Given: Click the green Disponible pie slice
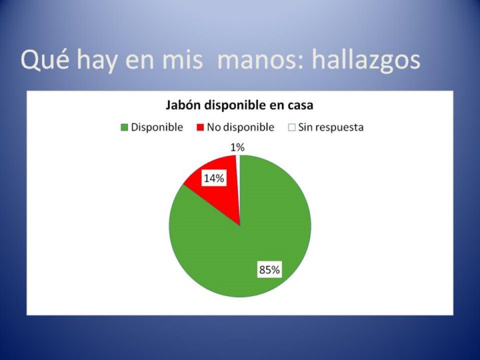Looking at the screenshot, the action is coord(245,245).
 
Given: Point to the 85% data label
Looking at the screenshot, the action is coord(269,270).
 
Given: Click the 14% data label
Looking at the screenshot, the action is coord(214,178).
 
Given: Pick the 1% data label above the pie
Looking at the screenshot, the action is coord(237,147).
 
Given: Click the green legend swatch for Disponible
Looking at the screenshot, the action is coord(124,127).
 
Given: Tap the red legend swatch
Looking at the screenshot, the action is coord(200,127).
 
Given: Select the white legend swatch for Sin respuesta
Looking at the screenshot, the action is coord(292,127).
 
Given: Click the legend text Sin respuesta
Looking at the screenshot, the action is coord(331,127).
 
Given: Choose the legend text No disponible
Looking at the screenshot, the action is coord(241,127).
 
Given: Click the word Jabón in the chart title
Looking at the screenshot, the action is coord(184,105).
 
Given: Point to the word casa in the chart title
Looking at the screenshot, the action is coord(300,106).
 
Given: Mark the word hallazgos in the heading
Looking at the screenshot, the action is coord(366,60).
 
